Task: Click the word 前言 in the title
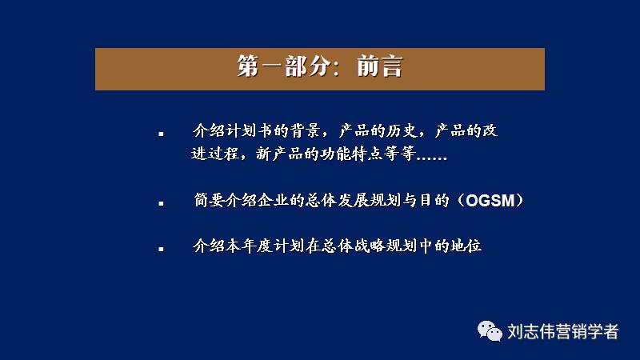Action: coord(379,68)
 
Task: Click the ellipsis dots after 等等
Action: coord(431,156)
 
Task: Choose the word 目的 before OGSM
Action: coord(438,201)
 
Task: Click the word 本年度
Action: coord(250,246)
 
